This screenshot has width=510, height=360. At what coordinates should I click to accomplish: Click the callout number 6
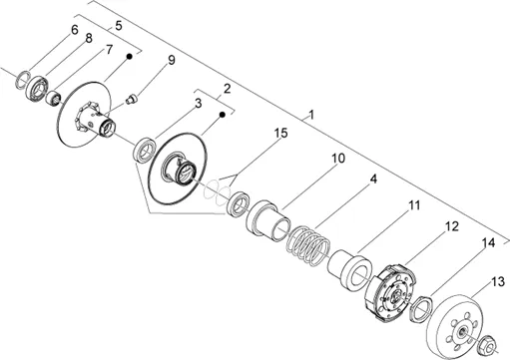click(x=75, y=30)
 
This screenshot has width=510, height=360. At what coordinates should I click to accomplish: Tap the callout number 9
click(x=171, y=60)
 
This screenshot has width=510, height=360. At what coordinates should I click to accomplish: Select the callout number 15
click(x=280, y=133)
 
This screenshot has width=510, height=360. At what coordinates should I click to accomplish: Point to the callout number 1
click(x=311, y=115)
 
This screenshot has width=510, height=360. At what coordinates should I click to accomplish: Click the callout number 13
click(x=498, y=282)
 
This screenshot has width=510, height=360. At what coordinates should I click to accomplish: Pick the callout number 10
click(x=338, y=159)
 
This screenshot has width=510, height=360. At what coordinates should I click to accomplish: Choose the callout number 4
click(x=373, y=180)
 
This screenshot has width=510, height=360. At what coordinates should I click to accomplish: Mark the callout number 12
click(x=452, y=226)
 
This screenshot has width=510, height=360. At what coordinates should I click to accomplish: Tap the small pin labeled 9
click(x=132, y=99)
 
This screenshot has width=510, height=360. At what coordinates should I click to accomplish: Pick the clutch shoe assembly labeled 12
click(x=390, y=292)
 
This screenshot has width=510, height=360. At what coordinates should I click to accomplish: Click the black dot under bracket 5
click(x=130, y=57)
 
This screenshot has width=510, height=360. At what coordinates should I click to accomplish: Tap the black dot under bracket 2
click(x=223, y=115)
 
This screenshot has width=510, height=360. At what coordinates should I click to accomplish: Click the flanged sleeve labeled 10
click(x=268, y=220)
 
